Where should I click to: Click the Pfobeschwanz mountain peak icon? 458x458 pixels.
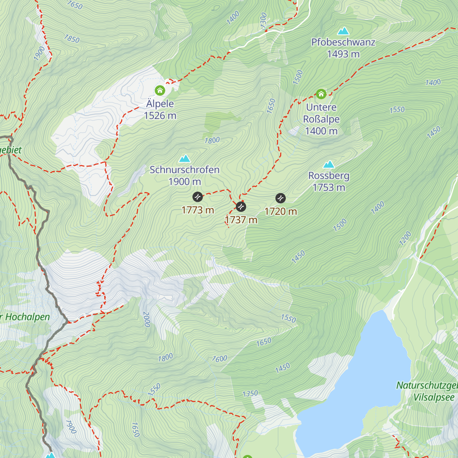coord(343,31)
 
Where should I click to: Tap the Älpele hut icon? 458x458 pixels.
coord(160,90)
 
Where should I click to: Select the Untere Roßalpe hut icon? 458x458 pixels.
coord(321,94)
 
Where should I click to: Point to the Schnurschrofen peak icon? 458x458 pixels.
coord(185,158)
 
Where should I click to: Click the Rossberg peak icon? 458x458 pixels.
coord(329,164)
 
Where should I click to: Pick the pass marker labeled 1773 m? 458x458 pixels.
coord(197,197)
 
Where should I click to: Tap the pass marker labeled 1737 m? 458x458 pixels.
coord(241,206)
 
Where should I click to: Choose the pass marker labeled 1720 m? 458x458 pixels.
coord(281,198)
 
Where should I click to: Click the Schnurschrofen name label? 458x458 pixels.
coord(184,170)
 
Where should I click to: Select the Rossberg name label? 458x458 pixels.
coord(329,176)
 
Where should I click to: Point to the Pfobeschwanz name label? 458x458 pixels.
coord(343,42)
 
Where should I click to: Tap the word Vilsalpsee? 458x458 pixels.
coord(434,397)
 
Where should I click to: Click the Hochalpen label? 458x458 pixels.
coord(27,317)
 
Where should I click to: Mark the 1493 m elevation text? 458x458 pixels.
coord(343,54)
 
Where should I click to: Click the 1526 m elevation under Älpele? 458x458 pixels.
coord(160,116)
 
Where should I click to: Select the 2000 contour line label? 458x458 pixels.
coord(147,319)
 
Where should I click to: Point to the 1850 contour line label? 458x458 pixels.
coord(72,39)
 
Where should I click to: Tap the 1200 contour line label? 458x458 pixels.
coord(405,238)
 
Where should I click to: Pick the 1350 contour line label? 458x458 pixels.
coord(250,393)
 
